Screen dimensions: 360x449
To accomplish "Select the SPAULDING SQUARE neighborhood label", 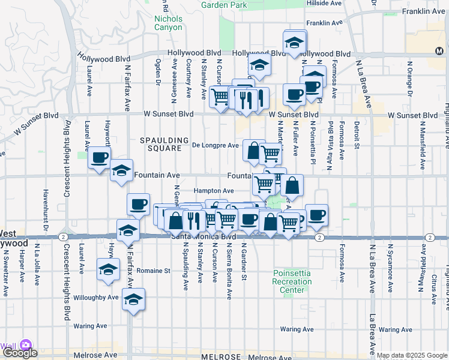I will pyautogui.click(x=160, y=144).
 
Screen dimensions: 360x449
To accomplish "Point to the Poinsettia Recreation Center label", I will pyautogui.click(x=292, y=281).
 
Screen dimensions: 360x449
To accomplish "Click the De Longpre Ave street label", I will pyautogui.click(x=215, y=145).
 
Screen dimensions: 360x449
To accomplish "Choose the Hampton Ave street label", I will pyautogui.click(x=218, y=191).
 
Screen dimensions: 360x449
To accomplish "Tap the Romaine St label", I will pyautogui.click(x=154, y=271).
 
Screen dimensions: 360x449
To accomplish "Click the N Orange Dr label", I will pyautogui.click(x=411, y=79).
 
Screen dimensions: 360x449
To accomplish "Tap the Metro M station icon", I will pyautogui.click(x=439, y=51).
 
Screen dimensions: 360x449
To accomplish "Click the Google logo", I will pyautogui.click(x=19, y=353).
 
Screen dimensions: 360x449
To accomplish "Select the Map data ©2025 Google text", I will pyautogui.click(x=412, y=355).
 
